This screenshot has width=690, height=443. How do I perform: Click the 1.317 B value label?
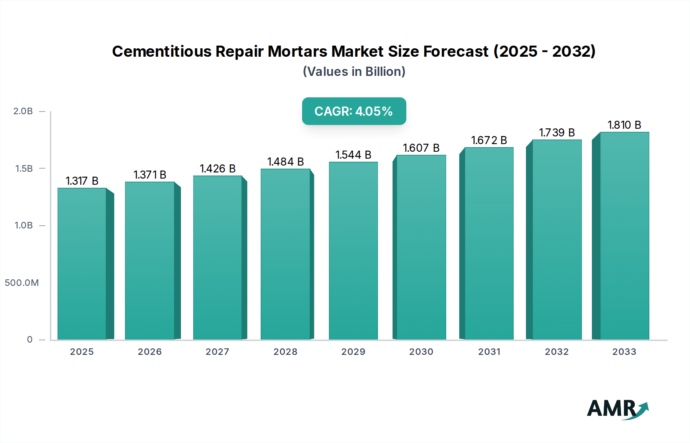click(82, 181)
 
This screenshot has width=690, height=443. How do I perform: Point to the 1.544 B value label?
click(353, 155)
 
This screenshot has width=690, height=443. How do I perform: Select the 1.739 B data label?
click(557, 133)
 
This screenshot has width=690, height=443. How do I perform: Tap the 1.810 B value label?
click(624, 125)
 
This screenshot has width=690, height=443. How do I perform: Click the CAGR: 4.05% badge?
click(354, 111)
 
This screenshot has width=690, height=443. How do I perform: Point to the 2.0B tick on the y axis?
click(23, 111)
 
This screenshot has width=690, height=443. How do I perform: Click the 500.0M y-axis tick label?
click(22, 283)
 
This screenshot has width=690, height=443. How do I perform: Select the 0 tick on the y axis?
click(30, 340)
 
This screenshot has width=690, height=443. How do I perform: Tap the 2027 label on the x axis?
click(217, 352)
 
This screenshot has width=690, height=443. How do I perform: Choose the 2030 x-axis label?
click(421, 352)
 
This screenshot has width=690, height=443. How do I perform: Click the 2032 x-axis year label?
click(557, 352)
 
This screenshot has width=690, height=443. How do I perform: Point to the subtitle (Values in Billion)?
click(354, 72)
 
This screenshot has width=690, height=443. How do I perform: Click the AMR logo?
click(618, 409)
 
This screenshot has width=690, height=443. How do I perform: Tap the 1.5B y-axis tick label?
click(24, 169)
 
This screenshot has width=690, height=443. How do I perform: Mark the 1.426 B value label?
click(217, 169)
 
